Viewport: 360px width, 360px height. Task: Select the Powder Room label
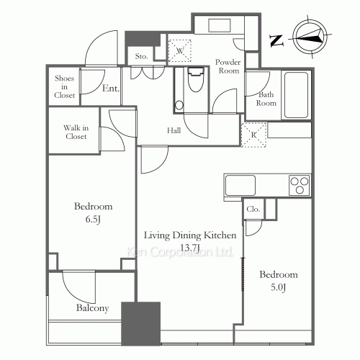[228, 67]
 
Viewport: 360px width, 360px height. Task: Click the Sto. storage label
[142, 56]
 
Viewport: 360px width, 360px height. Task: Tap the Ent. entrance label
[110, 89]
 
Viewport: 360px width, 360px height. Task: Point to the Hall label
[174, 131]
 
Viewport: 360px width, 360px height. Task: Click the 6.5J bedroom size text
[93, 220]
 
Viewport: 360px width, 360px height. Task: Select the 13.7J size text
[190, 247]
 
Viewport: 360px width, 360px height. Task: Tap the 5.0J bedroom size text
[278, 288]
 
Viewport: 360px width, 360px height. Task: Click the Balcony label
[92, 308]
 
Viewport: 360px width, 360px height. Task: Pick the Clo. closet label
[253, 210]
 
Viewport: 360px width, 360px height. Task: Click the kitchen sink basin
[240, 185]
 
